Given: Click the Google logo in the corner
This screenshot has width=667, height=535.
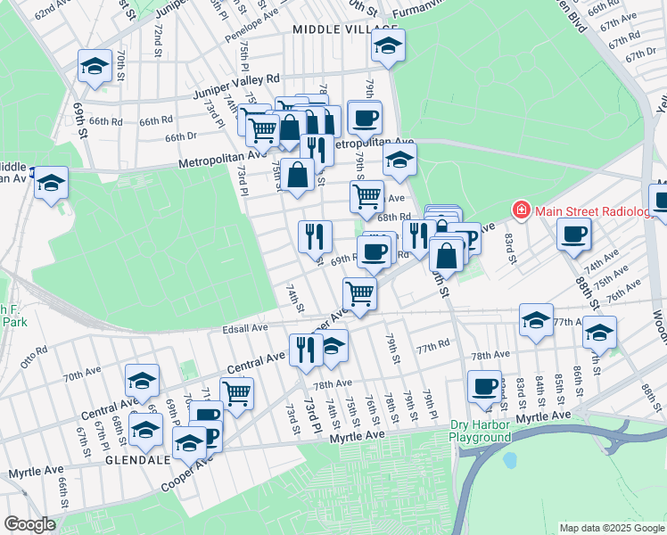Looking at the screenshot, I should pos(29,524).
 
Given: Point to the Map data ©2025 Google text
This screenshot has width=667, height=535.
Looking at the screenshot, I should pos(611,528).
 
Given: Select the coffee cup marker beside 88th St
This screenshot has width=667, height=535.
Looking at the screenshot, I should pos(573,234).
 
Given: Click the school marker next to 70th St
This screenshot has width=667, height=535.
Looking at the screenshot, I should pos(94,66).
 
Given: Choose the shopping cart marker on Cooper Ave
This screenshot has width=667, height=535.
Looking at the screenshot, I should pos(359,292).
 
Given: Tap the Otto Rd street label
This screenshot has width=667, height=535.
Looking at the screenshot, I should pos(33,357).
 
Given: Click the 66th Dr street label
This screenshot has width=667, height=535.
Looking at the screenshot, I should pos(178,136).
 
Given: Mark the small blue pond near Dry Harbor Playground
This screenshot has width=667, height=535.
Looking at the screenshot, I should pos(509,461).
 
